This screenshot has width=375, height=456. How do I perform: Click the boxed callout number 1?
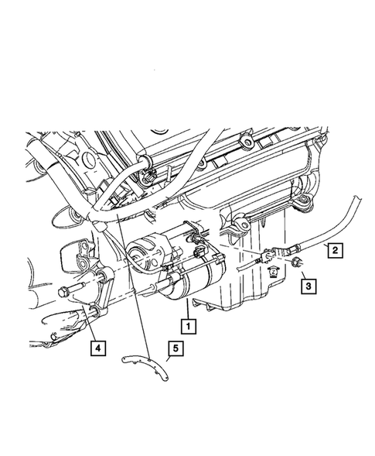click(187, 325)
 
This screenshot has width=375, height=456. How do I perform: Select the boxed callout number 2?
click(334, 249)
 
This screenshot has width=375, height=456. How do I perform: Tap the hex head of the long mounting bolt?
click(61, 293)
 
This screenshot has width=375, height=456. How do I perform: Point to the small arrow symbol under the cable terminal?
click(272, 271)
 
